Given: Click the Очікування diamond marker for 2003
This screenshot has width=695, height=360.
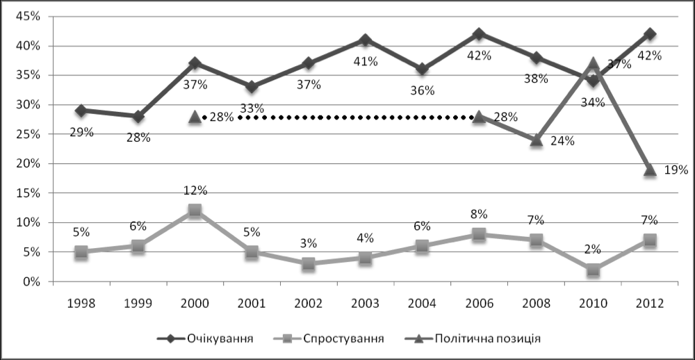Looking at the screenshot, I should tap(366, 40).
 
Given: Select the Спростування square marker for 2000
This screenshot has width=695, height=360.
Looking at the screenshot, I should tap(195, 211).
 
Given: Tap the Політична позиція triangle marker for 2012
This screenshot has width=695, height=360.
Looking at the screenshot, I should tap(650, 170).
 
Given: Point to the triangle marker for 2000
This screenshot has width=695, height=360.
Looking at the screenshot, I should tap(195, 117).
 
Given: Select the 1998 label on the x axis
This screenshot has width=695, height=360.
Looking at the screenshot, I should tap(81, 303).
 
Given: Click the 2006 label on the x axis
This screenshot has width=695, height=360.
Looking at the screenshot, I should tap(479, 303).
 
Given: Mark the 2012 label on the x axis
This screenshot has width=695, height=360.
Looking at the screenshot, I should tap(650, 303).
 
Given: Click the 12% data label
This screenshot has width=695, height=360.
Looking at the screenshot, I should tap(195, 190).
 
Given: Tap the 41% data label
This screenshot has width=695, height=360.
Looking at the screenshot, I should tap(366, 61).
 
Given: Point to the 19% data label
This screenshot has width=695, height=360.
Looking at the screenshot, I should tap(675, 170).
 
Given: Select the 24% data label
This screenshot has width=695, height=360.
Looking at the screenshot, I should tap(562, 141).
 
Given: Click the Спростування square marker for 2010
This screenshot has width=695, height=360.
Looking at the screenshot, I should tap(593, 270).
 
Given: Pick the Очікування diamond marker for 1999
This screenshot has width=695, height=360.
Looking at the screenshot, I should tap(138, 116).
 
